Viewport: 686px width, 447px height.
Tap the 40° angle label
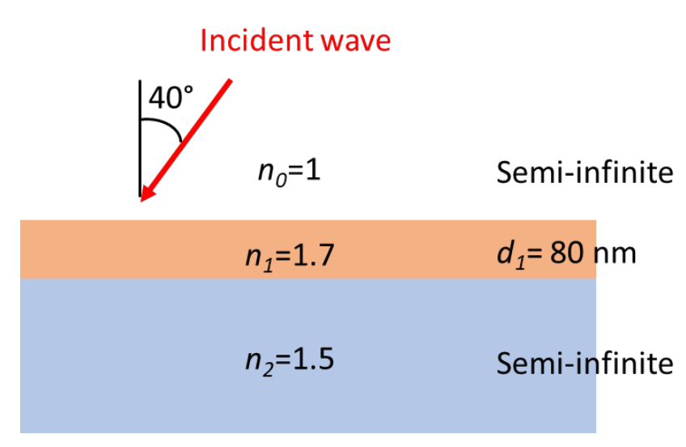pyautogui.click(x=171, y=100)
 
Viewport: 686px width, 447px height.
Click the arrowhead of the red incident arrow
pyautogui.click(x=146, y=194)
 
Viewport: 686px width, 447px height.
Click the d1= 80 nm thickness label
pyautogui.click(x=566, y=253)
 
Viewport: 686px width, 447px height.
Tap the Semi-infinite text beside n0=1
pyautogui.click(x=585, y=172)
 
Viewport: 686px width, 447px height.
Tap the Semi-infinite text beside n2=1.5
pyautogui.click(x=585, y=363)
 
